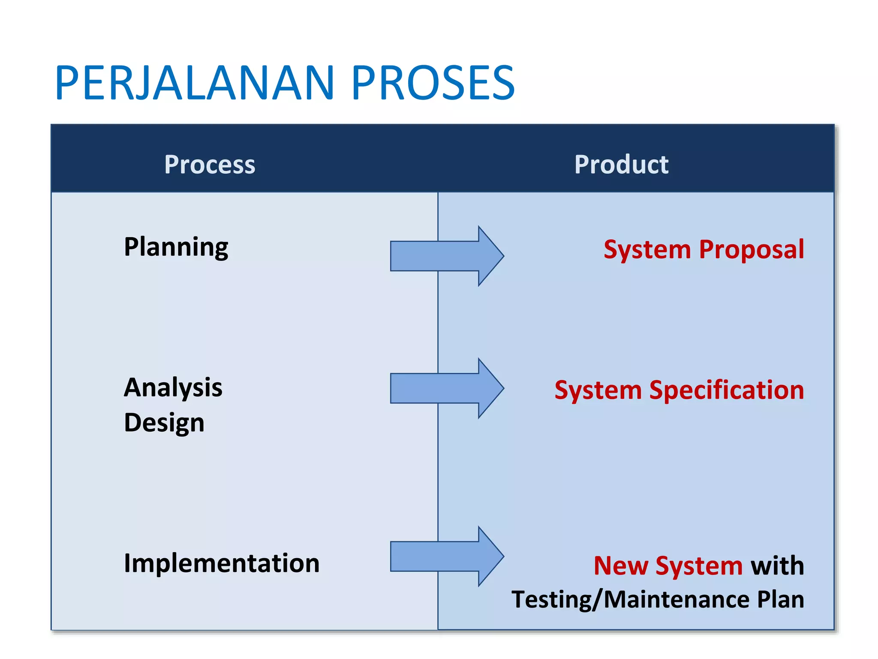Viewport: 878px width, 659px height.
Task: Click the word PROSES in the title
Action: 433,83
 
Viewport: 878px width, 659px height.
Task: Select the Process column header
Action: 210,164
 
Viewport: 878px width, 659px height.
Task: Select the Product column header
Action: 621,164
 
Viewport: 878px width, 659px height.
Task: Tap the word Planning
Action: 176,248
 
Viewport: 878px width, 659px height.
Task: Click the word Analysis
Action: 173,388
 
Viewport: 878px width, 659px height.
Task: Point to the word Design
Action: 164,423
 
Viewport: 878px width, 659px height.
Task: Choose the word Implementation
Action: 222,563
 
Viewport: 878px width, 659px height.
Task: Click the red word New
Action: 620,566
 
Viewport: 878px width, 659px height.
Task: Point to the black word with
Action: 777,566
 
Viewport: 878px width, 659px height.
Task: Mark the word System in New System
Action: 699,566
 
